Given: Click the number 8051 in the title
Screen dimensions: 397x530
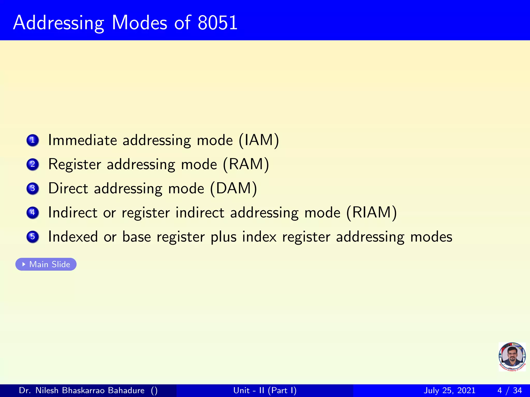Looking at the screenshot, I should click(217, 23).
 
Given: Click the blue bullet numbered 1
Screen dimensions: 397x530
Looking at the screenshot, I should click(33, 140).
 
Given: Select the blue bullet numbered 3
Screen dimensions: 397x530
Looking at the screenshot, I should click(33, 188).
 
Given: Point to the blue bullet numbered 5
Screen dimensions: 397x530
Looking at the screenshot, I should click(33, 237).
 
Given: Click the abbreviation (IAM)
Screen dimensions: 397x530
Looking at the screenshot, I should click(259, 140).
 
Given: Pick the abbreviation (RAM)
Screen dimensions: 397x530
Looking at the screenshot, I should click(246, 164).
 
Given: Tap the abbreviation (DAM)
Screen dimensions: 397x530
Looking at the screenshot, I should click(233, 188).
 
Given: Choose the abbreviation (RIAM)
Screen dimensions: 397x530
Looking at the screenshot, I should click(371, 213).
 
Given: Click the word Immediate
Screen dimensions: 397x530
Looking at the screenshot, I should click(82, 140).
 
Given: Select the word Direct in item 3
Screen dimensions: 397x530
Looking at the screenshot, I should click(68, 188).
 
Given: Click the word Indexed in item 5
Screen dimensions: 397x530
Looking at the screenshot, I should click(73, 237).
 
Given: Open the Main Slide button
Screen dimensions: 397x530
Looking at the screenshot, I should click(46, 264).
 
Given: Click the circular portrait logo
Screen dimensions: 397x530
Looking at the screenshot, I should click(512, 357).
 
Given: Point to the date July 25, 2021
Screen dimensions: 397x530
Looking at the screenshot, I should click(450, 390).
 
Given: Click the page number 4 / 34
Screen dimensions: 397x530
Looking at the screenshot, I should click(509, 390).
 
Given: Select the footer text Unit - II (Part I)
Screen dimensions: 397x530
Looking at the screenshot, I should click(265, 390).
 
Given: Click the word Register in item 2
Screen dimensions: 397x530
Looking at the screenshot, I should click(75, 164).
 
